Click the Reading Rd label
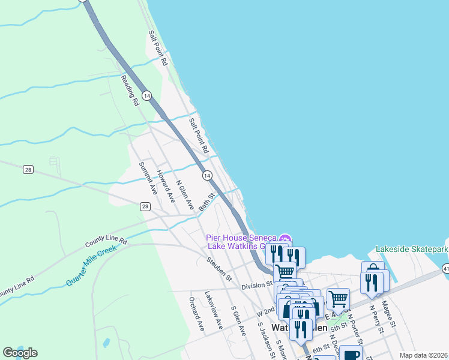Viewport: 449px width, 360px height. (130, 91)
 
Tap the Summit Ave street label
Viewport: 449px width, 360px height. (147, 178)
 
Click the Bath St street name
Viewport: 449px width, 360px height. (207, 202)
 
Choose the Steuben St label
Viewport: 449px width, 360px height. (219, 269)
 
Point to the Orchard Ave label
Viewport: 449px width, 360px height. (197, 313)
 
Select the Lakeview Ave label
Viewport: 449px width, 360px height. (213, 310)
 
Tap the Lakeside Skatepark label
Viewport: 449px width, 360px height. (412, 249)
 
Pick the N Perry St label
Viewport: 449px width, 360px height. (376, 319)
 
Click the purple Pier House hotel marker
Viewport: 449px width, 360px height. (286, 241)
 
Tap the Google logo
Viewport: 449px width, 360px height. (20, 353)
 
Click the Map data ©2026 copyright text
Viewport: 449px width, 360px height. (423, 355)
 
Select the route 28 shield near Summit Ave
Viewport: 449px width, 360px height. (145, 206)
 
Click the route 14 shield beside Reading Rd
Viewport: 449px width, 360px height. (148, 95)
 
